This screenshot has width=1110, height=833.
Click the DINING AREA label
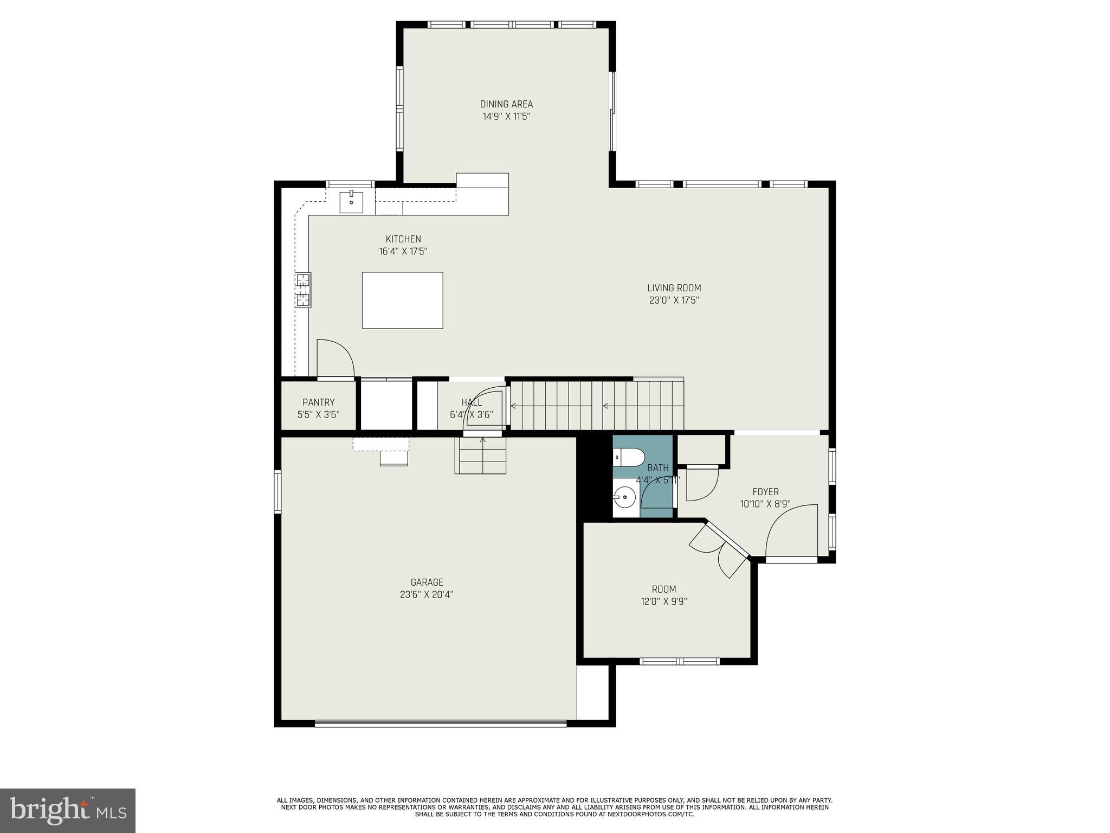tap(506, 104)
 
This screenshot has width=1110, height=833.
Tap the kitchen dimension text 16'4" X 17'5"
tap(403, 252)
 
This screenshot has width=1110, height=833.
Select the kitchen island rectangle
tap(402, 300)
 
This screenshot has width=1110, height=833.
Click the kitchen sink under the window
tap(351, 202)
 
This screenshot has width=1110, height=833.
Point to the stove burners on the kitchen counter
tap(303, 290)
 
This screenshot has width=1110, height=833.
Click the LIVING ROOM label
tap(674, 288)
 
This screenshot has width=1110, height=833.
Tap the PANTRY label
tap(318, 402)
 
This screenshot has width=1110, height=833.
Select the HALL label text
tap(472, 402)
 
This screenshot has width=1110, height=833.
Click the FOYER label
tap(765, 492)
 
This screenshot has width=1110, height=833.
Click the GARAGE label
tap(427, 582)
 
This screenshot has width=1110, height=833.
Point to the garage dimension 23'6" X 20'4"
tap(427, 594)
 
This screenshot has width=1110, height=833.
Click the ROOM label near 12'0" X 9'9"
tap(664, 589)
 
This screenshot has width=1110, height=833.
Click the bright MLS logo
tap(68, 810)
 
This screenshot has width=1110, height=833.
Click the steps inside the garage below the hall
tap(480, 456)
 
